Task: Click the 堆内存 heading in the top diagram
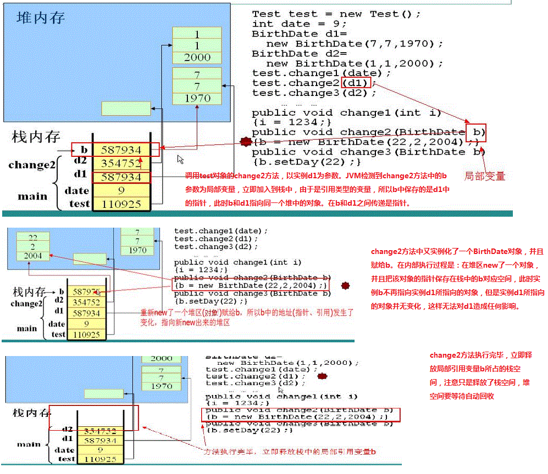tap(41, 18)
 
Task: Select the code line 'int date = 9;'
tap(299, 24)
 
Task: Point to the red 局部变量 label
tap(484, 176)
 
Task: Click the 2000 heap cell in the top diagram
tap(197, 57)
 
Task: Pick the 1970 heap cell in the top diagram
tap(197, 98)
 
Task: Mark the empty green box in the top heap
tap(118, 108)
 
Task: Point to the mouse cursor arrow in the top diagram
tap(180, 159)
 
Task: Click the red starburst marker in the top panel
tap(245, 142)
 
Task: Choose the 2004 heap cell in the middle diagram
tap(33, 256)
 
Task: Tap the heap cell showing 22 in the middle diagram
tap(33, 238)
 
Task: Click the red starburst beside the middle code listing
tap(346, 285)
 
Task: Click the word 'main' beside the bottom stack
tap(28, 444)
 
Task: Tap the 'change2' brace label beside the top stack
tap(32, 165)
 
